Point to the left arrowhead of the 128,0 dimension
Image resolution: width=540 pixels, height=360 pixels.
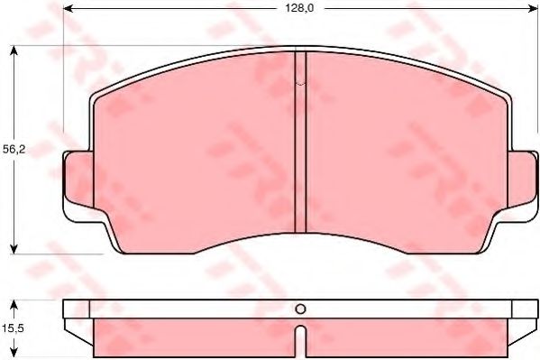(69, 9)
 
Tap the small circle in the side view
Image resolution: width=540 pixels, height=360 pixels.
(301, 309)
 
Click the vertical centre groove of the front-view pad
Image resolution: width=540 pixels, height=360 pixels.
(301, 144)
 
